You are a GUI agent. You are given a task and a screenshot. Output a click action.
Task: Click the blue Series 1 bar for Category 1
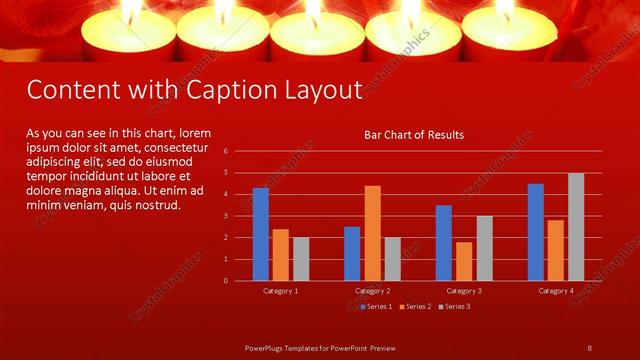[261, 234]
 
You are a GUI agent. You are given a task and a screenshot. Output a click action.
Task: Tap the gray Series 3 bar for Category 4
[576, 227]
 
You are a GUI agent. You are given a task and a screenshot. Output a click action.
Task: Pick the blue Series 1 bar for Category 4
[536, 232]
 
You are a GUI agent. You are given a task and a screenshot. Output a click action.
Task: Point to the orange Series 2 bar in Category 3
[464, 261]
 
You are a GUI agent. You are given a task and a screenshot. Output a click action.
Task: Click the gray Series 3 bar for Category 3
[484, 248]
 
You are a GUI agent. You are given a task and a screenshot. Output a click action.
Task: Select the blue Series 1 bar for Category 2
[352, 253]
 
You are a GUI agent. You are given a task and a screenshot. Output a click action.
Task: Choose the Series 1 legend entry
[376, 305]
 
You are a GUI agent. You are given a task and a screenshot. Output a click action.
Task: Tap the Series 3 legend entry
[454, 305]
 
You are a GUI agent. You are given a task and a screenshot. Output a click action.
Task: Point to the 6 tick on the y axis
[227, 151]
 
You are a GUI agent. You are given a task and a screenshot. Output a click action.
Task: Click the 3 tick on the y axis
[227, 216]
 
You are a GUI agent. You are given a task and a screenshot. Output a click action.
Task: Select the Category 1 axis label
[281, 290]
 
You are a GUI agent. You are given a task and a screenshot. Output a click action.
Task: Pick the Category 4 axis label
[556, 290]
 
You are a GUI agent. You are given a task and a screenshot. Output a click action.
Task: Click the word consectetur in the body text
[178, 147]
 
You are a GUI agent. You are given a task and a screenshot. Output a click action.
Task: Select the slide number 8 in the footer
[590, 347]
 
